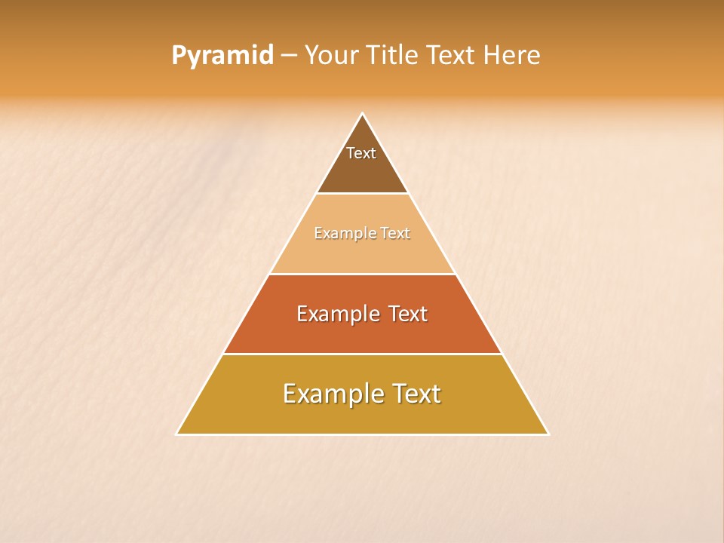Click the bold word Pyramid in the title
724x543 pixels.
[222, 56]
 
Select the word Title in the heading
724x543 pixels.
[391, 56]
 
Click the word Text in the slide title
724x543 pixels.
[451, 56]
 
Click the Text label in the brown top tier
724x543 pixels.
[361, 153]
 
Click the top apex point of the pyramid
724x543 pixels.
[363, 114]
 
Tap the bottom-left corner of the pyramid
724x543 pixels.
[177, 434]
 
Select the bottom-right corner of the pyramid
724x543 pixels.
[548, 434]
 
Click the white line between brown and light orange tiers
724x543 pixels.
[363, 194]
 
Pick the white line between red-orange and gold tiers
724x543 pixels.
[363, 354]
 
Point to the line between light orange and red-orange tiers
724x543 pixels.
[363, 274]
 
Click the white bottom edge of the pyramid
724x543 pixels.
[363, 434]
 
